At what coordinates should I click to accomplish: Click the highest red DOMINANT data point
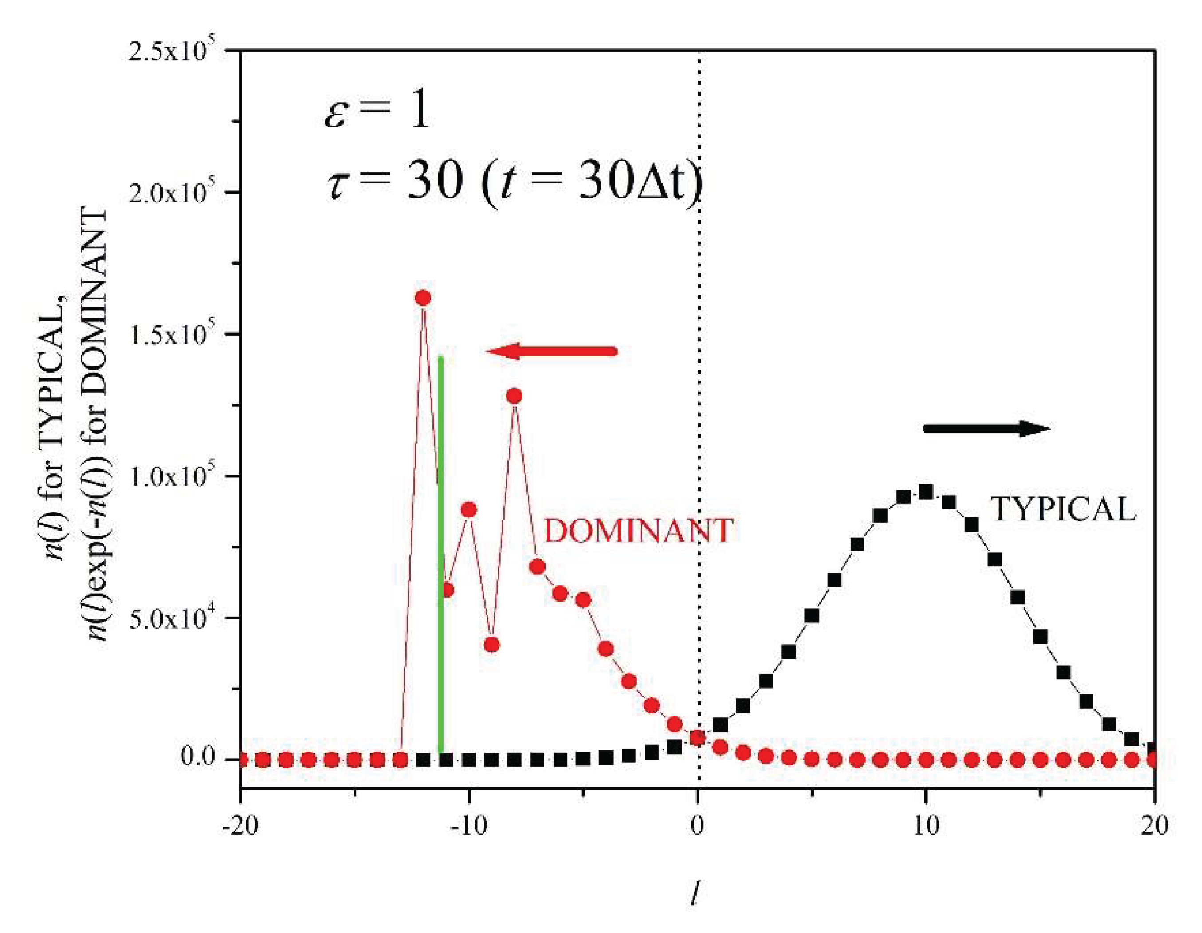tap(423, 298)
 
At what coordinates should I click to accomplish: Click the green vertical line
tap(440, 551)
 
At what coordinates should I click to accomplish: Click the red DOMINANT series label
tap(638, 531)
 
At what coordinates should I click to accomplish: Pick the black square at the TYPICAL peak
tap(926, 492)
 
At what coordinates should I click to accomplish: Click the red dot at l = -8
tap(514, 396)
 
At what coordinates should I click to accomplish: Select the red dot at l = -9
tap(492, 645)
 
